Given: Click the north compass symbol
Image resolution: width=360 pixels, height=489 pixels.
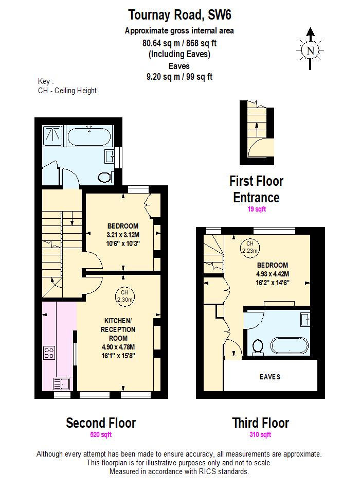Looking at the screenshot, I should [310, 50].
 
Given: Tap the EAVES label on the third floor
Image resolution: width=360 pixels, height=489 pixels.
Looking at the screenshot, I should [270, 377].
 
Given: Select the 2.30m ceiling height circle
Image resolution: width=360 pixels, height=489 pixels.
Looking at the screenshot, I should [124, 295].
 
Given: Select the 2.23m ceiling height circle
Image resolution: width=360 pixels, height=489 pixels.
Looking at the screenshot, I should [250, 247].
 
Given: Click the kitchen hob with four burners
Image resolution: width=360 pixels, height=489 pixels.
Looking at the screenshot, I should [50, 353].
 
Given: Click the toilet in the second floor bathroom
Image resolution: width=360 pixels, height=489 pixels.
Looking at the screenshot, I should [105, 177].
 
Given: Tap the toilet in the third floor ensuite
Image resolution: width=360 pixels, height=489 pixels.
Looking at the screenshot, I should [258, 347].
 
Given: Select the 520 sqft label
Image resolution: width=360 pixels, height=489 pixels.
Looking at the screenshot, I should [100, 435].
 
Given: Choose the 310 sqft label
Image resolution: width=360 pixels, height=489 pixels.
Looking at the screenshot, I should [260, 435].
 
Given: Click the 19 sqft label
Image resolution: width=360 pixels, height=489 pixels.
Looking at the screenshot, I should [256, 209].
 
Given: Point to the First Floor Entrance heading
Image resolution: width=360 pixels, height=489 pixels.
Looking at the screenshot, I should [256, 189].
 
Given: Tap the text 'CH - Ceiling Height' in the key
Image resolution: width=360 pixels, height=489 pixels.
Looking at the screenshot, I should [67, 91].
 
